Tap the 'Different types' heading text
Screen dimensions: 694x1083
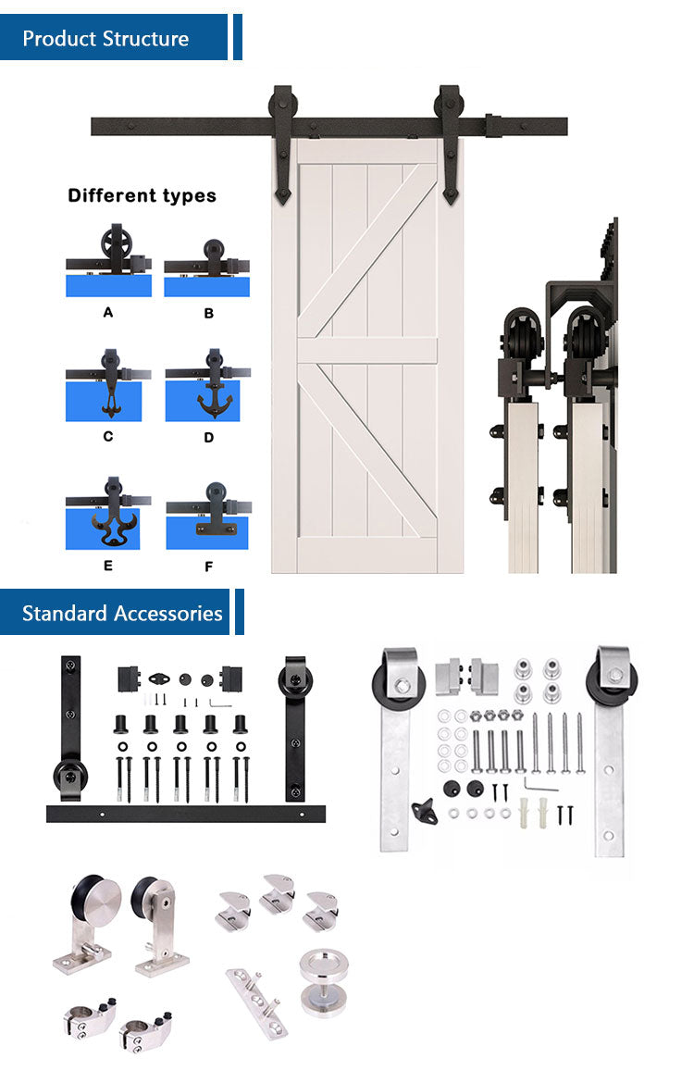[x=143, y=195]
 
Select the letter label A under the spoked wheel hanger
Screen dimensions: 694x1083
[x=107, y=312]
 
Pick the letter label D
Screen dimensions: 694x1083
[x=208, y=437]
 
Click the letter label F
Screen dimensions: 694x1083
[x=208, y=566]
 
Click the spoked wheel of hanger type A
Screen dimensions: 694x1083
[x=116, y=244]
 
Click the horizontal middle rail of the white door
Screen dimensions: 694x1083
[x=367, y=350]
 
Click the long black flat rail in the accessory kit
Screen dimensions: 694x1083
[x=186, y=814]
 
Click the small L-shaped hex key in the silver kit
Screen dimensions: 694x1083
[x=539, y=785]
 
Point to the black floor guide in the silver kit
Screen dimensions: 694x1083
[x=426, y=811]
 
